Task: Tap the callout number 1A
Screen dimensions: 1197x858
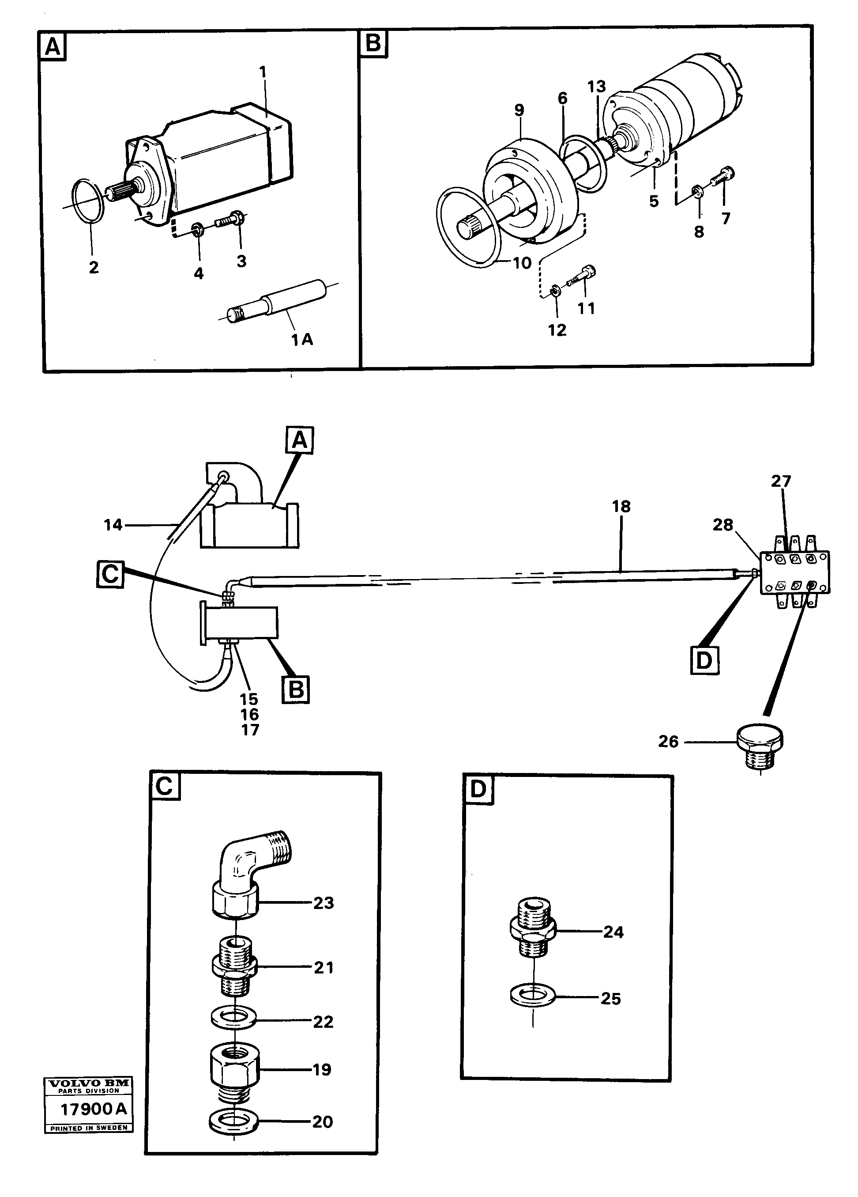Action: tap(302, 340)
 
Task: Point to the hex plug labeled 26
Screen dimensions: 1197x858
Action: tap(760, 745)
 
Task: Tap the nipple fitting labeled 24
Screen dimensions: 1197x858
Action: tap(532, 932)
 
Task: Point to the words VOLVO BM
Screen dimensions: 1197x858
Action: tap(88, 1083)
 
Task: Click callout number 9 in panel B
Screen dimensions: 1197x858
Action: tap(519, 110)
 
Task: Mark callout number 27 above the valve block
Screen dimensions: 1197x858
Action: tap(781, 481)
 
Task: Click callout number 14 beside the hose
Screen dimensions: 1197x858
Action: tap(113, 525)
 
